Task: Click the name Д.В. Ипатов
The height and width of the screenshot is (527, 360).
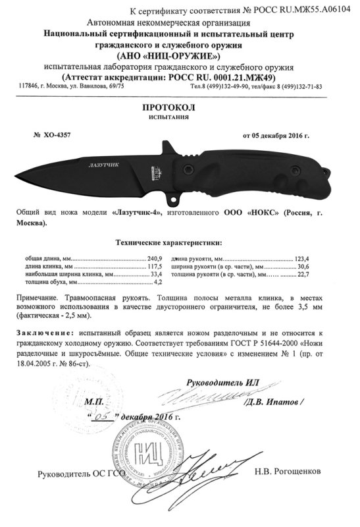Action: coord(277,401)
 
